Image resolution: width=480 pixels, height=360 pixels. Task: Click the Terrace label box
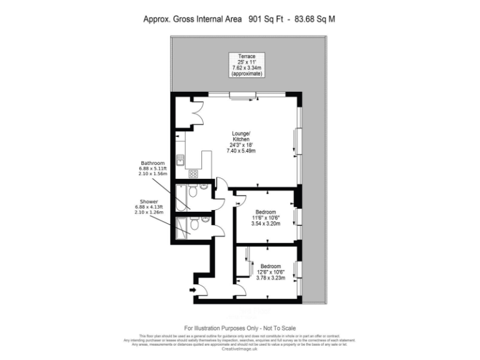point(247,65)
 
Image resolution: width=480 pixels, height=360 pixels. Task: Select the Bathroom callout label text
point(152,167)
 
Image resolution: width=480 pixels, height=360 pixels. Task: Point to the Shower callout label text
point(148,207)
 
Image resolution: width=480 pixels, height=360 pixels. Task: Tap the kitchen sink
point(180,161)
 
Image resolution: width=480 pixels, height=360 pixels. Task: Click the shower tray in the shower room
point(181,227)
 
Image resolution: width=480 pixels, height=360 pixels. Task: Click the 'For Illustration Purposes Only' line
point(239,328)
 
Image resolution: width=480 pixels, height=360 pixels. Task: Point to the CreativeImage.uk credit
point(239,349)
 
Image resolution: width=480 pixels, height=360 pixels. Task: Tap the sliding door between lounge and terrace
point(243,95)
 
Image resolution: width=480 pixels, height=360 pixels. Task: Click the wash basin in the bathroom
point(204,187)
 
